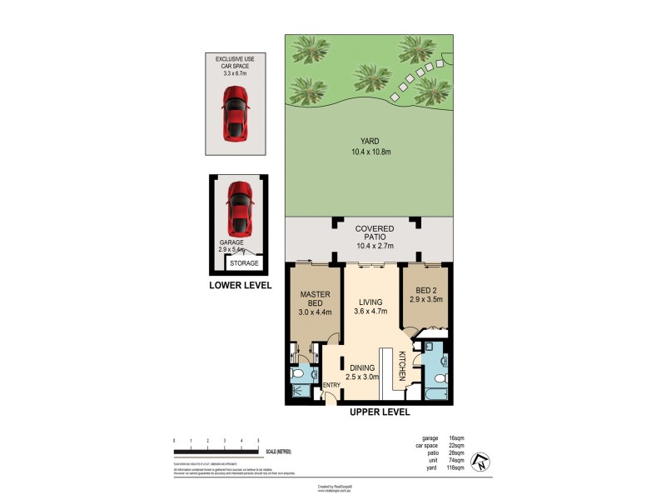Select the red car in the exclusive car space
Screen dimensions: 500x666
tap(236, 113)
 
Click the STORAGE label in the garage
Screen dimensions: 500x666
tap(244, 263)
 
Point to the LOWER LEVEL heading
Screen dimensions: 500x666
tap(240, 285)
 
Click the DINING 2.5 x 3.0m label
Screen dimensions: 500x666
tap(363, 371)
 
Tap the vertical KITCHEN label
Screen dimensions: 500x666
tap(401, 367)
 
